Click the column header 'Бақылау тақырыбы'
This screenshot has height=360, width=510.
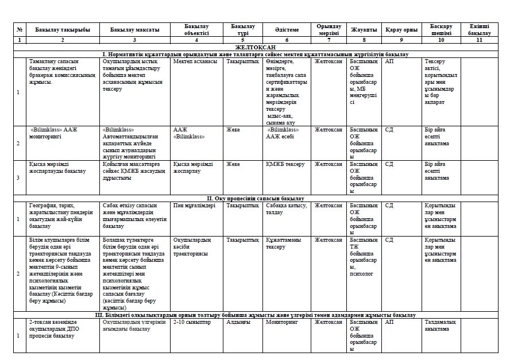62,30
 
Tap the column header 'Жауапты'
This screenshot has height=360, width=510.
364,30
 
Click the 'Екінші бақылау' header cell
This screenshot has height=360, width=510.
480,30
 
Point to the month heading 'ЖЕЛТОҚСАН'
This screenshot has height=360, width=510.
255,47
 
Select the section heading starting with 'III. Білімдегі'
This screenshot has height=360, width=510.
255,315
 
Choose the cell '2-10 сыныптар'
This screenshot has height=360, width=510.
191,322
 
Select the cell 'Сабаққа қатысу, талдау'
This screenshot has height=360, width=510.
287,208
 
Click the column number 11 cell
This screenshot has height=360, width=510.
480,40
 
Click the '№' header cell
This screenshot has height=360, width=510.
20,30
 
